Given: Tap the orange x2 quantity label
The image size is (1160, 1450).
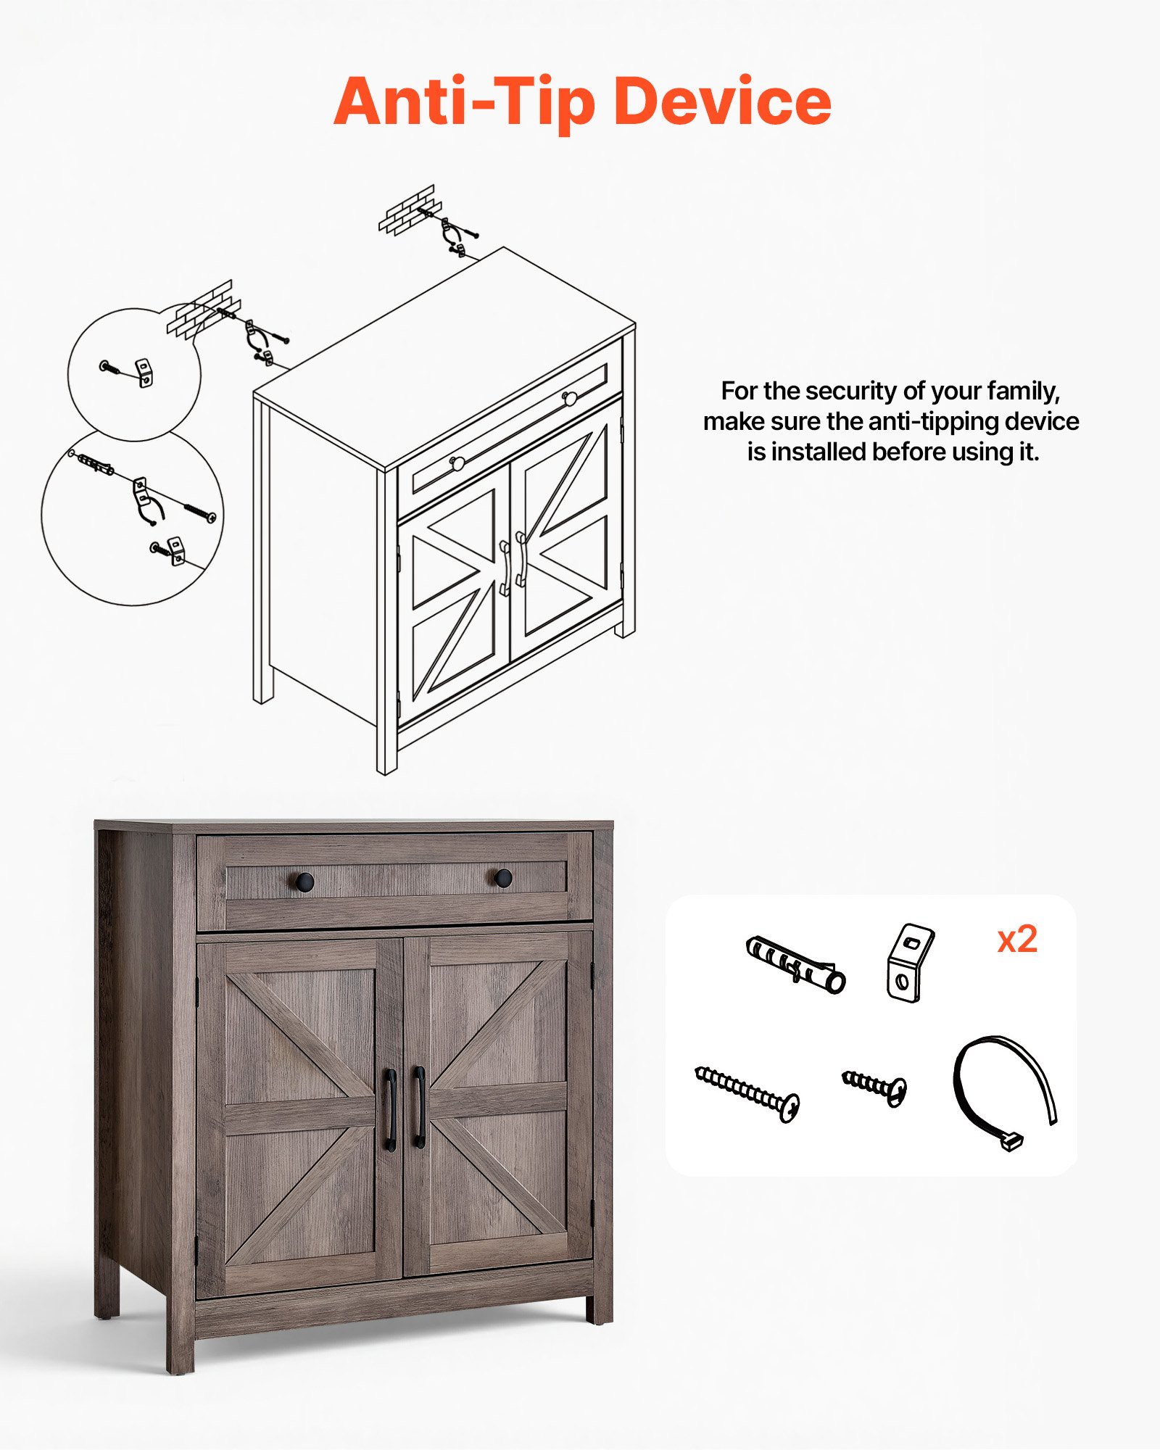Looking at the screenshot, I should (1017, 940).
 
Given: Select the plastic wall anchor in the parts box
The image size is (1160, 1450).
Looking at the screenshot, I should (795, 964).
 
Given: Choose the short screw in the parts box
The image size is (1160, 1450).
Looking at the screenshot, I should (875, 1087).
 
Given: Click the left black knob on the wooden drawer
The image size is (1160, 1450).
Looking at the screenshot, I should (304, 882).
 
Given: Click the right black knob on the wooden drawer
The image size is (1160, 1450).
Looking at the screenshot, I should (503, 878).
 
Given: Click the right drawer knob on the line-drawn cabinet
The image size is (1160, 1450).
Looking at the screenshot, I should (570, 398).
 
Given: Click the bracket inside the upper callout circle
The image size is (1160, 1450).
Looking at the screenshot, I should (146, 372).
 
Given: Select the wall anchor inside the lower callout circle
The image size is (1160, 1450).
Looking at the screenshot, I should (95, 462).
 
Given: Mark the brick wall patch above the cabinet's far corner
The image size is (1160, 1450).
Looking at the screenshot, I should (408, 210).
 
